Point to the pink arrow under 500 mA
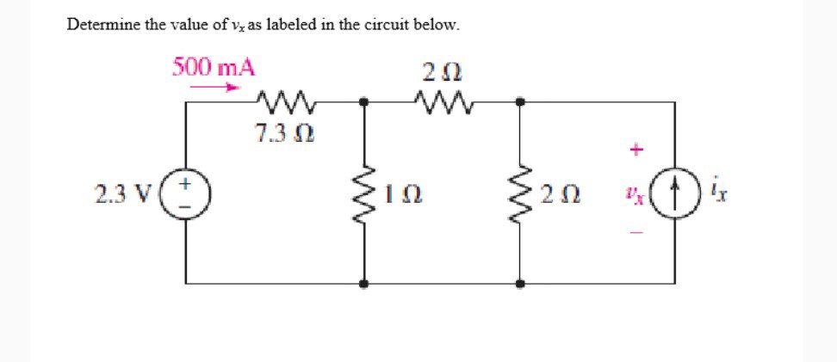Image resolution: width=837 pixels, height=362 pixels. point(214,87)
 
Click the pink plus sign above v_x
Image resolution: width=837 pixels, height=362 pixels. point(635,150)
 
